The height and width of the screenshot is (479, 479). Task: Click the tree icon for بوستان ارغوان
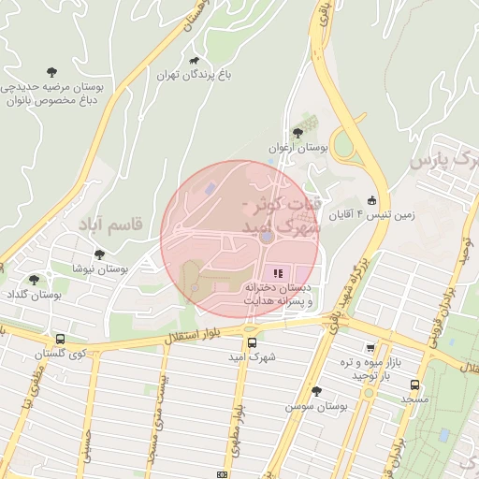click(x=298, y=133)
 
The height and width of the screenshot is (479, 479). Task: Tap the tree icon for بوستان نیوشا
click(x=99, y=254)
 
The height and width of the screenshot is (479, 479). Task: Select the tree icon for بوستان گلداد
click(x=35, y=279)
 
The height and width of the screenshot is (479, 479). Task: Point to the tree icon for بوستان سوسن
click(x=316, y=391)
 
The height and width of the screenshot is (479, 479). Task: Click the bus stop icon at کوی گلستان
click(x=61, y=340)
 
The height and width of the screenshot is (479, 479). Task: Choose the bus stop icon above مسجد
click(x=414, y=384)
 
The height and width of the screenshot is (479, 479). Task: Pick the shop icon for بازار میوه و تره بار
click(x=370, y=348)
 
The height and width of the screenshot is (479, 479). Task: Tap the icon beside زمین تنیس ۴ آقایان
click(x=371, y=200)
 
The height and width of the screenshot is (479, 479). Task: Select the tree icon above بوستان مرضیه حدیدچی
click(x=52, y=70)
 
